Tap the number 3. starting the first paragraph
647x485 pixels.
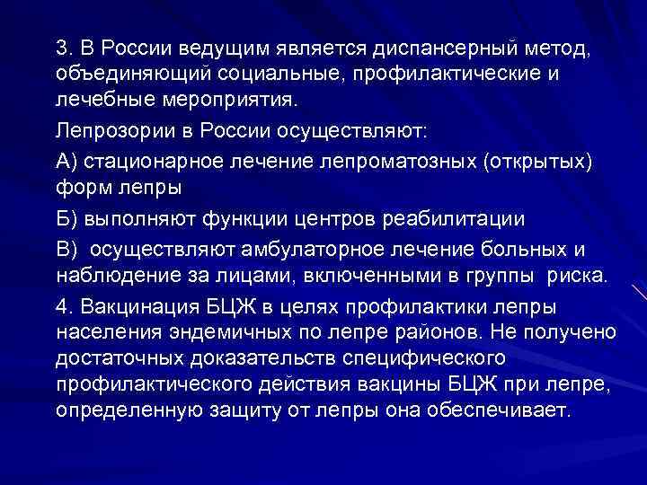(64, 46)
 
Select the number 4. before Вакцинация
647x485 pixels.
(64, 304)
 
